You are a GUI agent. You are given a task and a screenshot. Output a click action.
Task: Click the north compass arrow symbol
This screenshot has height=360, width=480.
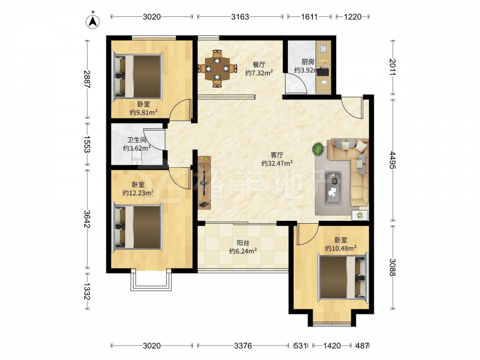point(93,21)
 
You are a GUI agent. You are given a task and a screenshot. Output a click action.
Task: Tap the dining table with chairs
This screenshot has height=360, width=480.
point(217,68)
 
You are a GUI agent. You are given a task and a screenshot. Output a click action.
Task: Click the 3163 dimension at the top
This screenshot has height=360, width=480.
point(240,16)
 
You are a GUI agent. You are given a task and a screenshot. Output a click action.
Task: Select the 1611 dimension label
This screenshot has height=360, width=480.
point(309,16)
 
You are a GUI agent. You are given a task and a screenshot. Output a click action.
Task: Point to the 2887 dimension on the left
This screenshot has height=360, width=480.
point(87,79)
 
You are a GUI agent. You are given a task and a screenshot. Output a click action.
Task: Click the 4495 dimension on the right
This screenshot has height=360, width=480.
point(393,159)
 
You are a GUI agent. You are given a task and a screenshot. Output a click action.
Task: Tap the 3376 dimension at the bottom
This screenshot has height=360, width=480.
point(243,346)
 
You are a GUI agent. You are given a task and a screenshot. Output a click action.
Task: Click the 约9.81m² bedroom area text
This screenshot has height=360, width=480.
point(144,112)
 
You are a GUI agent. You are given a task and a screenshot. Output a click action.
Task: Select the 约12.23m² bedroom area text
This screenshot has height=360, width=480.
point(138,193)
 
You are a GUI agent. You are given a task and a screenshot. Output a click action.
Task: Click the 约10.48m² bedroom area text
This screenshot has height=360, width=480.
point(341,248)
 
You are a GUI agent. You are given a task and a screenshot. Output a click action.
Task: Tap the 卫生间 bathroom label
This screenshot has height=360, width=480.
point(137,140)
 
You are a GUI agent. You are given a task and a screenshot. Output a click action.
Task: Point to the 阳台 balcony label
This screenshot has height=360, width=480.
point(243,243)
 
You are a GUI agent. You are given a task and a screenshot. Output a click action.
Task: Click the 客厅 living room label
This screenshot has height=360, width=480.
point(277,155)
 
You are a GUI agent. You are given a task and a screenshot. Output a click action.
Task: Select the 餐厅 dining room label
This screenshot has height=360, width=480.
point(259,65)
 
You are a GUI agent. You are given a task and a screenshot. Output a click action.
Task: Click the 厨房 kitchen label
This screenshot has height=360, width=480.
point(308,62)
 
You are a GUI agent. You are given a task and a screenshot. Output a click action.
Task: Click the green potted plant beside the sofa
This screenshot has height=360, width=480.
point(318,149)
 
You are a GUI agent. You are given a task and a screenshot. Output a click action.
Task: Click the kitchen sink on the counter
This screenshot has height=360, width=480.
point(324,48)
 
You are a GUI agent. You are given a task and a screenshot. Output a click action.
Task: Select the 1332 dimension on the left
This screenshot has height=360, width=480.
point(87,291)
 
